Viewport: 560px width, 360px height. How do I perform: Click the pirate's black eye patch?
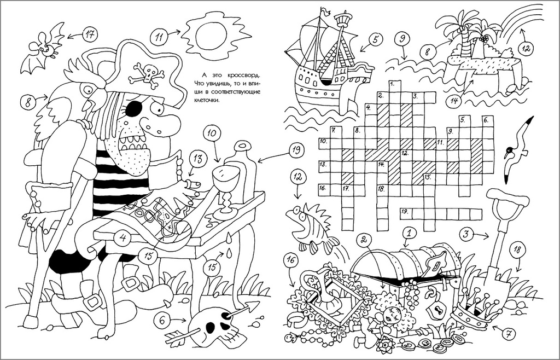[133, 108]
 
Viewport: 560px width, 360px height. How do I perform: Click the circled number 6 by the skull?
[162, 321]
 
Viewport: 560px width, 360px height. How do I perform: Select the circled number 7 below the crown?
[508, 334]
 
